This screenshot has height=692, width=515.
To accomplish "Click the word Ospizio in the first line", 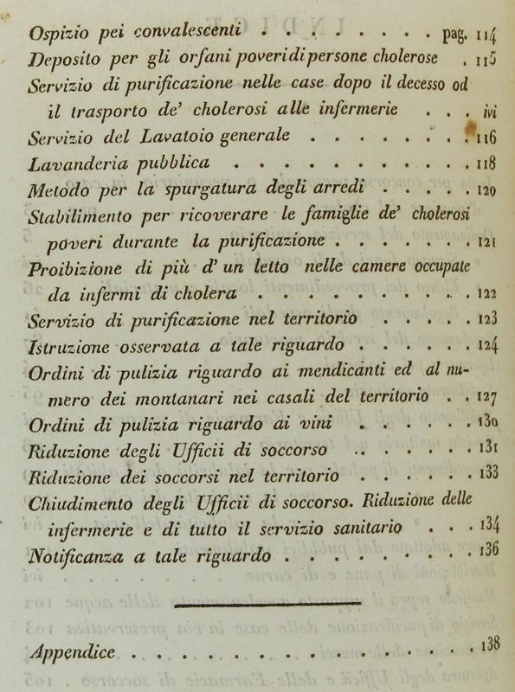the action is click(x=56, y=36).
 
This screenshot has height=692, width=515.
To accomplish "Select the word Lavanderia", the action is click(x=72, y=163).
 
